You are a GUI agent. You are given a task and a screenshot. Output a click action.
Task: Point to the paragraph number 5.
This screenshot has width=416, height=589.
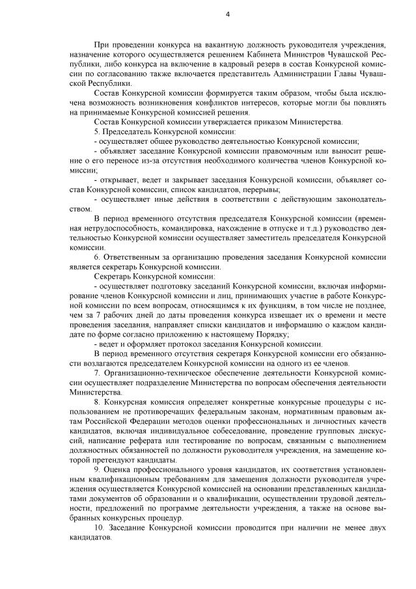tap(97, 131)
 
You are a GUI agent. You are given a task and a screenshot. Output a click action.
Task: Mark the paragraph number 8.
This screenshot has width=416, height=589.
tap(97, 402)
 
